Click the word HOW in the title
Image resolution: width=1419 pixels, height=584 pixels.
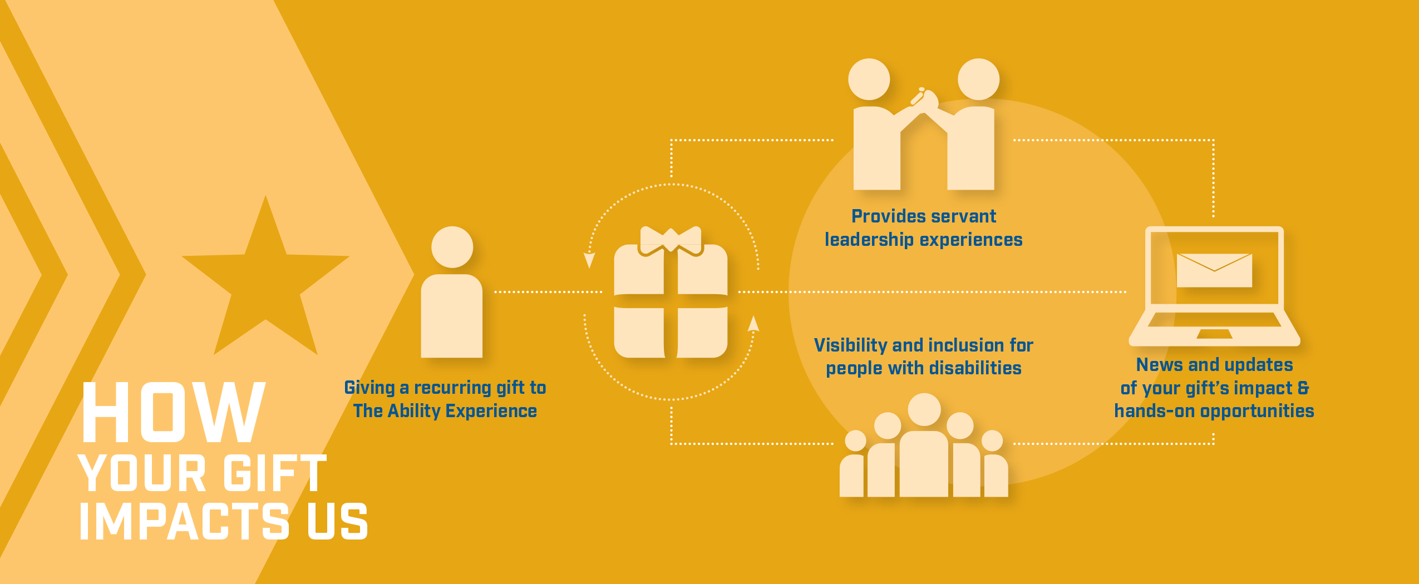click(173, 412)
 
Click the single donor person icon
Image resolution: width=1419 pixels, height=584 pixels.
click(452, 292)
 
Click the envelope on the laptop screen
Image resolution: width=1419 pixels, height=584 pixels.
click(1214, 270)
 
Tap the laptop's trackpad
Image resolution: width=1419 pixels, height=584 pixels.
click(1214, 334)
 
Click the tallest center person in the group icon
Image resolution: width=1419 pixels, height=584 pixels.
click(924, 445)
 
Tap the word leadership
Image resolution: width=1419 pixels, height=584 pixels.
click(869, 240)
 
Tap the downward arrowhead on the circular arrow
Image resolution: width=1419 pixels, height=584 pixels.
click(589, 260)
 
